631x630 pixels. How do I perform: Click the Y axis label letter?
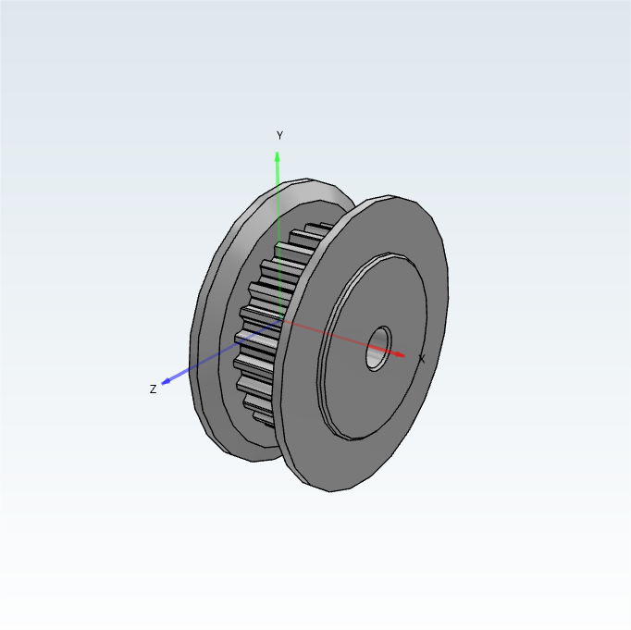pos(279,135)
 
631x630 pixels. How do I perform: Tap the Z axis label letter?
pos(153,389)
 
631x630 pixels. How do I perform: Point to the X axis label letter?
pos(421,359)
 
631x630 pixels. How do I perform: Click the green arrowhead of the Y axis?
pos(277,157)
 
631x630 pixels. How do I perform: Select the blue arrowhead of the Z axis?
pos(166,381)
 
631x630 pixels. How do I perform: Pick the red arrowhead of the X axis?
pos(399,354)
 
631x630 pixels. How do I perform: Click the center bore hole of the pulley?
pos(378,349)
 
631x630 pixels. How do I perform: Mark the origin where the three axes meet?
pos(281,320)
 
